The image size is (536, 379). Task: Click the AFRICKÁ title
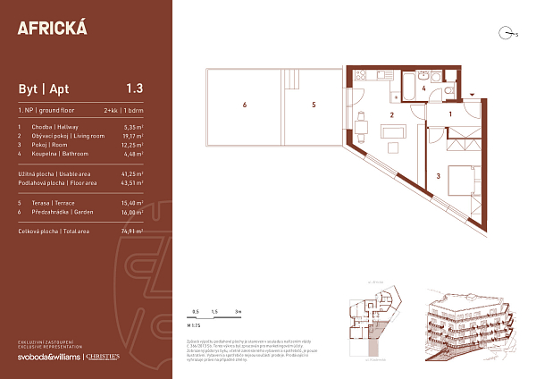tap(53, 27)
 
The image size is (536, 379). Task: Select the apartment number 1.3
tap(135, 88)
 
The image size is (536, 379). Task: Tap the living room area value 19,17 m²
tap(132, 137)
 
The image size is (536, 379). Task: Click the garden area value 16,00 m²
tap(132, 213)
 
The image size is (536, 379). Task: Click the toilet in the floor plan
tap(448, 92)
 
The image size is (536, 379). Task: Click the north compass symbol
tap(507, 34)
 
